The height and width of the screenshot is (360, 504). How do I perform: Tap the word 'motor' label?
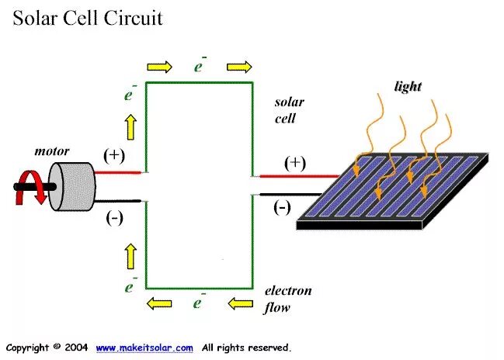click(x=52, y=151)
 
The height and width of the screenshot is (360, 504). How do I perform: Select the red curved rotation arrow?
click(x=26, y=189)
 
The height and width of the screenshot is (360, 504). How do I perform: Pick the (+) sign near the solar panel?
click(x=295, y=162)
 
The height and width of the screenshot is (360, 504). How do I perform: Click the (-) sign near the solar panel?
click(x=282, y=207)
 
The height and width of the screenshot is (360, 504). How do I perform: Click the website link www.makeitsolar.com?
click(x=144, y=348)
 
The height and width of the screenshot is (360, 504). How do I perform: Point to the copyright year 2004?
click(x=76, y=348)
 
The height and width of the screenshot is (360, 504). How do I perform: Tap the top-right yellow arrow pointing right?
click(x=240, y=66)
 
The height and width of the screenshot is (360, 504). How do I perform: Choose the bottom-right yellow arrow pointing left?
click(x=240, y=303)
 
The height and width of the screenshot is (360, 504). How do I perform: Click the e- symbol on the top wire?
click(x=200, y=66)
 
